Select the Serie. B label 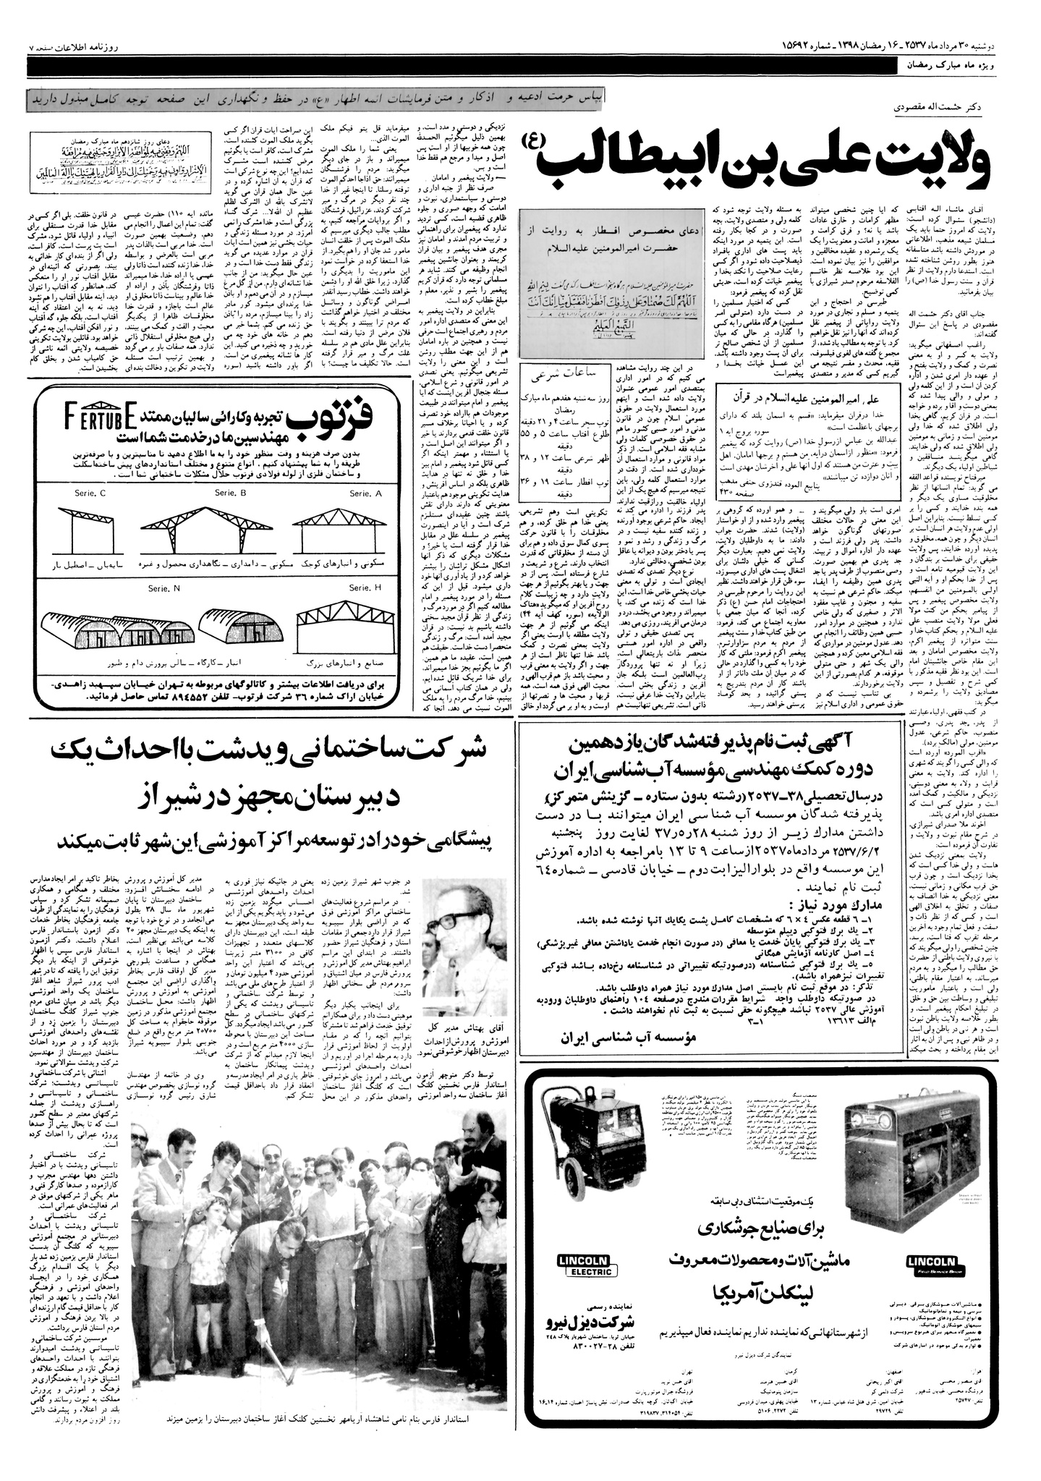(231, 493)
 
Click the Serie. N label (166, 588)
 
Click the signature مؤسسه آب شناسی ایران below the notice (627, 1037)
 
